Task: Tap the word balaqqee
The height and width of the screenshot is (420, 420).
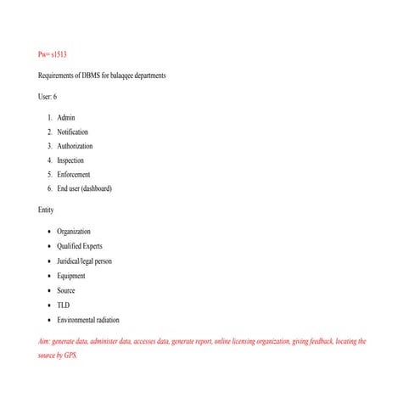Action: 119,76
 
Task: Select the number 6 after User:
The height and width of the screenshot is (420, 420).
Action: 55,98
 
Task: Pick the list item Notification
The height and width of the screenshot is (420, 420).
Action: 72,132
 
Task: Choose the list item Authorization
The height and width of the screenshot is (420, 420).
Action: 75,146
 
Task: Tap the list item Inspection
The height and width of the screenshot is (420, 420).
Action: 70,160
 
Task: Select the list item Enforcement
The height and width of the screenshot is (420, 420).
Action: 73,174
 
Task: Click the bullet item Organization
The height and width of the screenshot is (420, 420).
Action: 74,231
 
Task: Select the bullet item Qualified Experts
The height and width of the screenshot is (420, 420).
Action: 80,246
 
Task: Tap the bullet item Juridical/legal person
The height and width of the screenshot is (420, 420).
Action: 84,260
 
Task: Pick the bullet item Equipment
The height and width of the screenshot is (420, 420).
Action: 71,276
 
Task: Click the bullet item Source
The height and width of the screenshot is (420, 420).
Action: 66,290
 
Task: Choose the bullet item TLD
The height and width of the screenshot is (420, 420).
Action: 64,305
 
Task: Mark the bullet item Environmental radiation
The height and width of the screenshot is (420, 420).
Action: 88,320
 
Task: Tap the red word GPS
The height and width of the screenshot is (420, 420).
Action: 70,356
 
